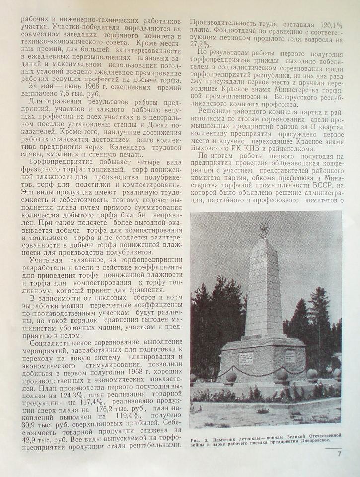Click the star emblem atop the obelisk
click(x=264, y=229)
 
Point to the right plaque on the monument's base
click(x=289, y=356)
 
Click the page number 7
click(x=339, y=453)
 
